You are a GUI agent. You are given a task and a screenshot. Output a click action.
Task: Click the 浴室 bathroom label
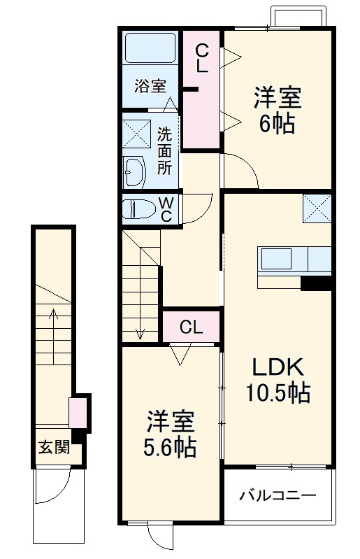click(150, 86)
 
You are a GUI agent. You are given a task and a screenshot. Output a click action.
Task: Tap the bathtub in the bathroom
click(150, 48)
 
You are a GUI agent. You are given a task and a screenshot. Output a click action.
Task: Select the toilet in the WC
click(138, 209)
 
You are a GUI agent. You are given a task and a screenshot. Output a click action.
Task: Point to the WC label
click(166, 210)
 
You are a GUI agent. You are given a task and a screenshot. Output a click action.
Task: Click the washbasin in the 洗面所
click(134, 172)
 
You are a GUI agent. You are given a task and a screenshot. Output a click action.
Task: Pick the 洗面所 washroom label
click(164, 151)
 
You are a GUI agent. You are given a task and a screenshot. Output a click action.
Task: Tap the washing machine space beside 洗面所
click(136, 134)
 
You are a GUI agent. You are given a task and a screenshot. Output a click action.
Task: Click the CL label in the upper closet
click(202, 59)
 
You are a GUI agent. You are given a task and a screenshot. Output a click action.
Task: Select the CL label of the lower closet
click(192, 327)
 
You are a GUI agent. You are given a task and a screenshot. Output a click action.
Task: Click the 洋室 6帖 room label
click(278, 110)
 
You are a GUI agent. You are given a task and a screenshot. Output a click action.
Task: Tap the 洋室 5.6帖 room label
click(170, 434)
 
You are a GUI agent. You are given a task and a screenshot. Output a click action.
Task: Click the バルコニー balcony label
click(278, 495)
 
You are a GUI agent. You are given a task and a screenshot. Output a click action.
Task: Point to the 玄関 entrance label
click(54, 447)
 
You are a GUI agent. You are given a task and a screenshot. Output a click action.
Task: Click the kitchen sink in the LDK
click(276, 259)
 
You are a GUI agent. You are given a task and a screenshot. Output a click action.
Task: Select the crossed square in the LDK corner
click(317, 208)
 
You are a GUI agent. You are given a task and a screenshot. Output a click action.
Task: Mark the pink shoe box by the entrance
click(78, 413)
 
